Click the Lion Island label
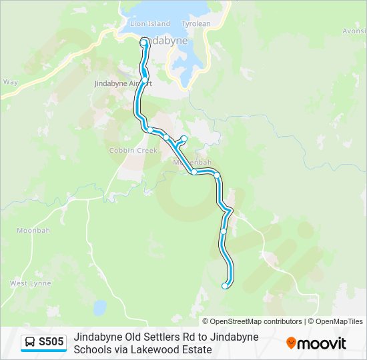point(149,23)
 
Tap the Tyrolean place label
point(196,23)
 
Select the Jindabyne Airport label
point(123,83)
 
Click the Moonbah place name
point(33,230)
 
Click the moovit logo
point(316,343)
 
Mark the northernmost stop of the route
point(143,42)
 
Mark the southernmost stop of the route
point(225,286)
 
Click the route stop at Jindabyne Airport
point(144,80)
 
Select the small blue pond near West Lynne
point(99,307)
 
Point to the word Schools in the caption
point(93,349)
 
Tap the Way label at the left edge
point(10,82)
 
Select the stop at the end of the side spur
point(184,138)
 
